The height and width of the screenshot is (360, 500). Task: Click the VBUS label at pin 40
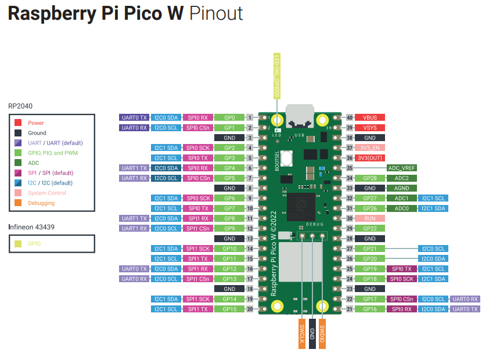pyautogui.click(x=370, y=117)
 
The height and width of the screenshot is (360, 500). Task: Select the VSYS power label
pyautogui.click(x=370, y=128)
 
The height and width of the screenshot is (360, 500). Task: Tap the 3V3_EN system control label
pyautogui.click(x=370, y=147)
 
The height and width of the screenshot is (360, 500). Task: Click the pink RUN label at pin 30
pyautogui.click(x=370, y=218)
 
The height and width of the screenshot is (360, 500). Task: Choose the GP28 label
pyautogui.click(x=370, y=178)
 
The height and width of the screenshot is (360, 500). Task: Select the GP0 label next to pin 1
pyautogui.click(x=229, y=117)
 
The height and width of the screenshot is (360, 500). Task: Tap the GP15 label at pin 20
pyautogui.click(x=229, y=309)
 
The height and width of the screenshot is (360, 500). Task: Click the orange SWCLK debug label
pyautogui.click(x=302, y=334)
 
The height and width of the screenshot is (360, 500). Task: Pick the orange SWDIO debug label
pyautogui.click(x=322, y=334)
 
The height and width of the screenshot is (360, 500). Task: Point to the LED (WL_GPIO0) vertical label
pyautogui.click(x=276, y=75)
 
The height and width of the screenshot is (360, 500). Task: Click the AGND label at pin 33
pyautogui.click(x=402, y=188)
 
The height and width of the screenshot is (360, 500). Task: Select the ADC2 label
pyautogui.click(x=402, y=178)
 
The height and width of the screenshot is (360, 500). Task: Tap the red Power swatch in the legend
pyautogui.click(x=19, y=123)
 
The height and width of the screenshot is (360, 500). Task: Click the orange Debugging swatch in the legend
pyautogui.click(x=19, y=203)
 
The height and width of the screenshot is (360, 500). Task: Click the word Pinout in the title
pyautogui.click(x=216, y=14)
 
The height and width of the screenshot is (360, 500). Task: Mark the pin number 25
pyautogui.click(x=350, y=269)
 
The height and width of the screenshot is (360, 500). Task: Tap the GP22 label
pyautogui.click(x=370, y=229)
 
